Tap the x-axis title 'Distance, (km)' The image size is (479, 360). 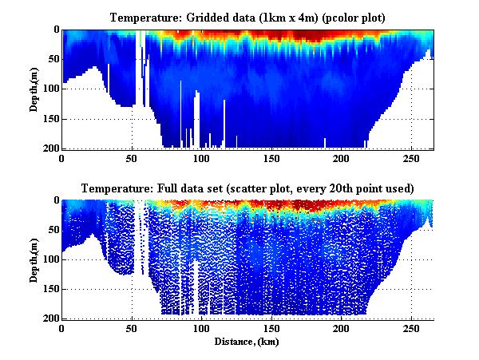[247, 341]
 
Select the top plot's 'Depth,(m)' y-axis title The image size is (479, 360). [34, 89]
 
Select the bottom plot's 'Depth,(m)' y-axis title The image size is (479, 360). [34, 259]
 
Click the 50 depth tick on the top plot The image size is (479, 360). [52, 59]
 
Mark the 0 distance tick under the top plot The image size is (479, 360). [62, 158]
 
